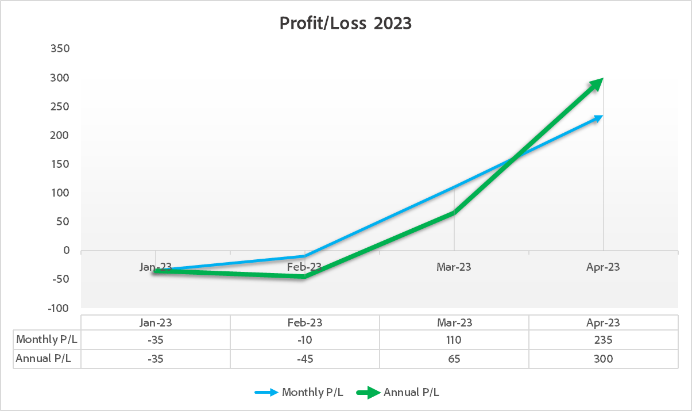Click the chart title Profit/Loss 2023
(346, 23)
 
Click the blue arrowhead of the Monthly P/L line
(598, 118)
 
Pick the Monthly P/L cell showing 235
(603, 340)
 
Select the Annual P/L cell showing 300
(603, 359)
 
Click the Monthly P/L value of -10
(304, 340)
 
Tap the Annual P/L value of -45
(304, 359)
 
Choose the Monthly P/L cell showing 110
(454, 340)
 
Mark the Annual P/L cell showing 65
(454, 359)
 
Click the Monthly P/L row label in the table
(47, 340)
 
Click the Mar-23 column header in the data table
(454, 322)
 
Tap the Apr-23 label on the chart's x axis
(603, 267)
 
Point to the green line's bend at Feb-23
(304, 276)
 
